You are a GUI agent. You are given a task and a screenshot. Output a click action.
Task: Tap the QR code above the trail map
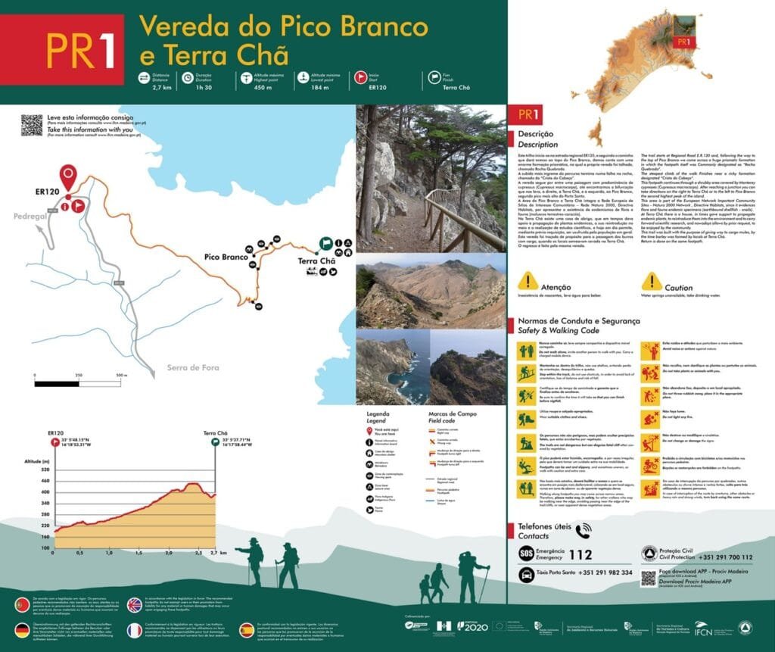(32, 124)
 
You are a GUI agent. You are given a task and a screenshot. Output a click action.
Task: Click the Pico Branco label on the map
(226, 257)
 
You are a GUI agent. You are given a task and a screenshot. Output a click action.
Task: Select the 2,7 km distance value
(162, 88)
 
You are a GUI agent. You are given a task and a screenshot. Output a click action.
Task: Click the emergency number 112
(580, 554)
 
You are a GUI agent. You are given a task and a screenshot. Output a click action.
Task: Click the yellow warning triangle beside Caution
(652, 282)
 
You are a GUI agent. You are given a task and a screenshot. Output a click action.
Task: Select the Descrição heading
(536, 133)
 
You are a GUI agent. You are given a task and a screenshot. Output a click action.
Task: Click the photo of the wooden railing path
(431, 179)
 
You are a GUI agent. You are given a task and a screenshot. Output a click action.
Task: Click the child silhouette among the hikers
(425, 588)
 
